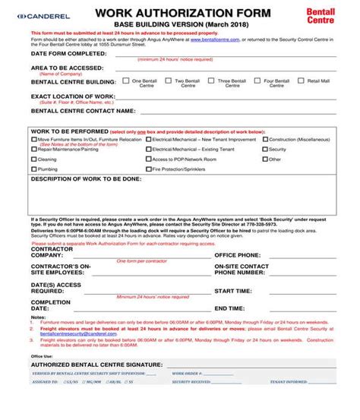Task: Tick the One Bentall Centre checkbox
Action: coord(125,81)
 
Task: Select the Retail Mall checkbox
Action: coord(302,81)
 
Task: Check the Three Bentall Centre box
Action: coord(212,81)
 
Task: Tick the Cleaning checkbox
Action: coord(33,159)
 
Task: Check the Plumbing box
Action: coord(33,169)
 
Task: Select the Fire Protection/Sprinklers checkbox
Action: coord(148,169)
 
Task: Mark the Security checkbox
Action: coord(264,150)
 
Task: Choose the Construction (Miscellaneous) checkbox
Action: coord(264,140)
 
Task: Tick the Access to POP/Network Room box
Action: coord(148,159)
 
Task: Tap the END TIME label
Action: coord(229,308)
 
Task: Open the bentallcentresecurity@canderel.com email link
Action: coord(68,334)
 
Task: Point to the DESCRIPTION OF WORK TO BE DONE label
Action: coord(85,179)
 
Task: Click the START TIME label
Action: coord(232,290)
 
